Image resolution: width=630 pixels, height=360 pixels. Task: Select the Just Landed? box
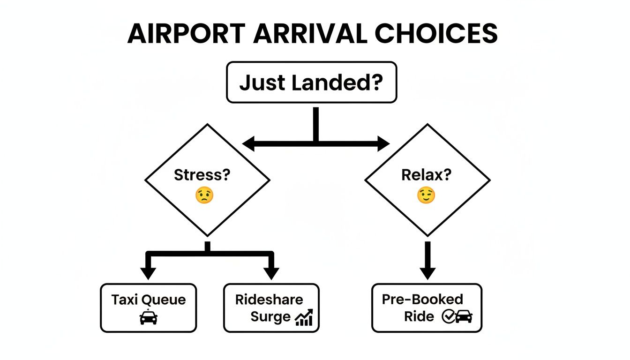pos(311,82)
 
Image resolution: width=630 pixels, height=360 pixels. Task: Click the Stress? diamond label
pos(202,175)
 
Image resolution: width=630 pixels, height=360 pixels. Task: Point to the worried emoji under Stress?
pos(204,195)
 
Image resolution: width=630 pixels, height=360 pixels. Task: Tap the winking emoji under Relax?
pos(426,195)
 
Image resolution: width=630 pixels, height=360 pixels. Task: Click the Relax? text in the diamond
pos(426,175)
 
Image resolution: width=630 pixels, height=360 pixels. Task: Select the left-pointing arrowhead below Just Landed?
pos(249,144)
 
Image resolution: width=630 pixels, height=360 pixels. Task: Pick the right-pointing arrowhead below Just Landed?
pos(383,144)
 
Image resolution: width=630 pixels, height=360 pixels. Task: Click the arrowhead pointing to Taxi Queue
pos(148,273)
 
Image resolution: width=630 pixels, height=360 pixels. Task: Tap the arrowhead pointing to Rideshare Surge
pos(271,273)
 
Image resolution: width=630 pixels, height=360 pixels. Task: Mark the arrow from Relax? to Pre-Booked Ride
pos(427,260)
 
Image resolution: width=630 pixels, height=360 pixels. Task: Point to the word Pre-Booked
pos(422,300)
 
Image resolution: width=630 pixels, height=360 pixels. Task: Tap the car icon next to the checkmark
pos(464,317)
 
